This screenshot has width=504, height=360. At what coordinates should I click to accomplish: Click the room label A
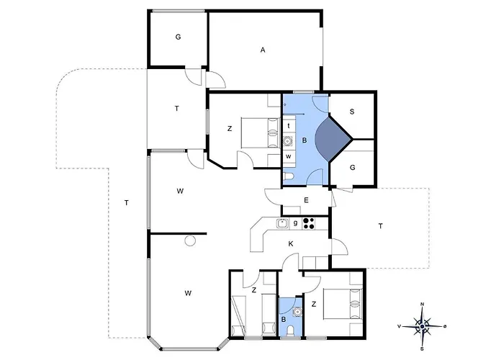pos(263,50)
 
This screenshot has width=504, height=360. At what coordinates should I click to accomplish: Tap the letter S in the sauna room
pos(352,112)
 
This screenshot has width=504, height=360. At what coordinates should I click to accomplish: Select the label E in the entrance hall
pos(306,200)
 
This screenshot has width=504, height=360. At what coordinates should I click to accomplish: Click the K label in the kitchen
pos(291,244)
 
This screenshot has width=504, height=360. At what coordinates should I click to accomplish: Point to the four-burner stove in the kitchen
pos(309,223)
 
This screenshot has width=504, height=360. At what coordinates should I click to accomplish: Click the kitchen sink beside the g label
pos(282,223)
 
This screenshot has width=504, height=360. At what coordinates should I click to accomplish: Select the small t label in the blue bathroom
pos(289,126)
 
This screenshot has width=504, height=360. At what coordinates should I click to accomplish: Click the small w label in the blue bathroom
pos(289,156)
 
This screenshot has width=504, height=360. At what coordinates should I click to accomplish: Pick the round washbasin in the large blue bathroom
pos(288,141)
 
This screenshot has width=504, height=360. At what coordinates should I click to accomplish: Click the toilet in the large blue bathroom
pos(288,176)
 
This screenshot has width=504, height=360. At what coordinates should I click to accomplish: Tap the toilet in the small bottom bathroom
pos(290,330)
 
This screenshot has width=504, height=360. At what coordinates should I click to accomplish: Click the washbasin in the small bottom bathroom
pos(297,312)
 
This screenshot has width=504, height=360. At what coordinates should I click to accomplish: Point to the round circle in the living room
pos(190,240)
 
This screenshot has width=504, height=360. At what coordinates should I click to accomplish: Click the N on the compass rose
pos(423,304)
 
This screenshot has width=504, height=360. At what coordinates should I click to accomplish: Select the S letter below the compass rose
pos(422,349)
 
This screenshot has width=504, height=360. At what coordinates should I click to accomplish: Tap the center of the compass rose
pos(423,326)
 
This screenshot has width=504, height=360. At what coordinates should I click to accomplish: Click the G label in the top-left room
pos(178,37)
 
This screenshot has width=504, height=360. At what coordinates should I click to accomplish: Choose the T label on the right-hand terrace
pos(381,226)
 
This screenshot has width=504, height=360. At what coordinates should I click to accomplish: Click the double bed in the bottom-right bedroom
pos(343,305)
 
